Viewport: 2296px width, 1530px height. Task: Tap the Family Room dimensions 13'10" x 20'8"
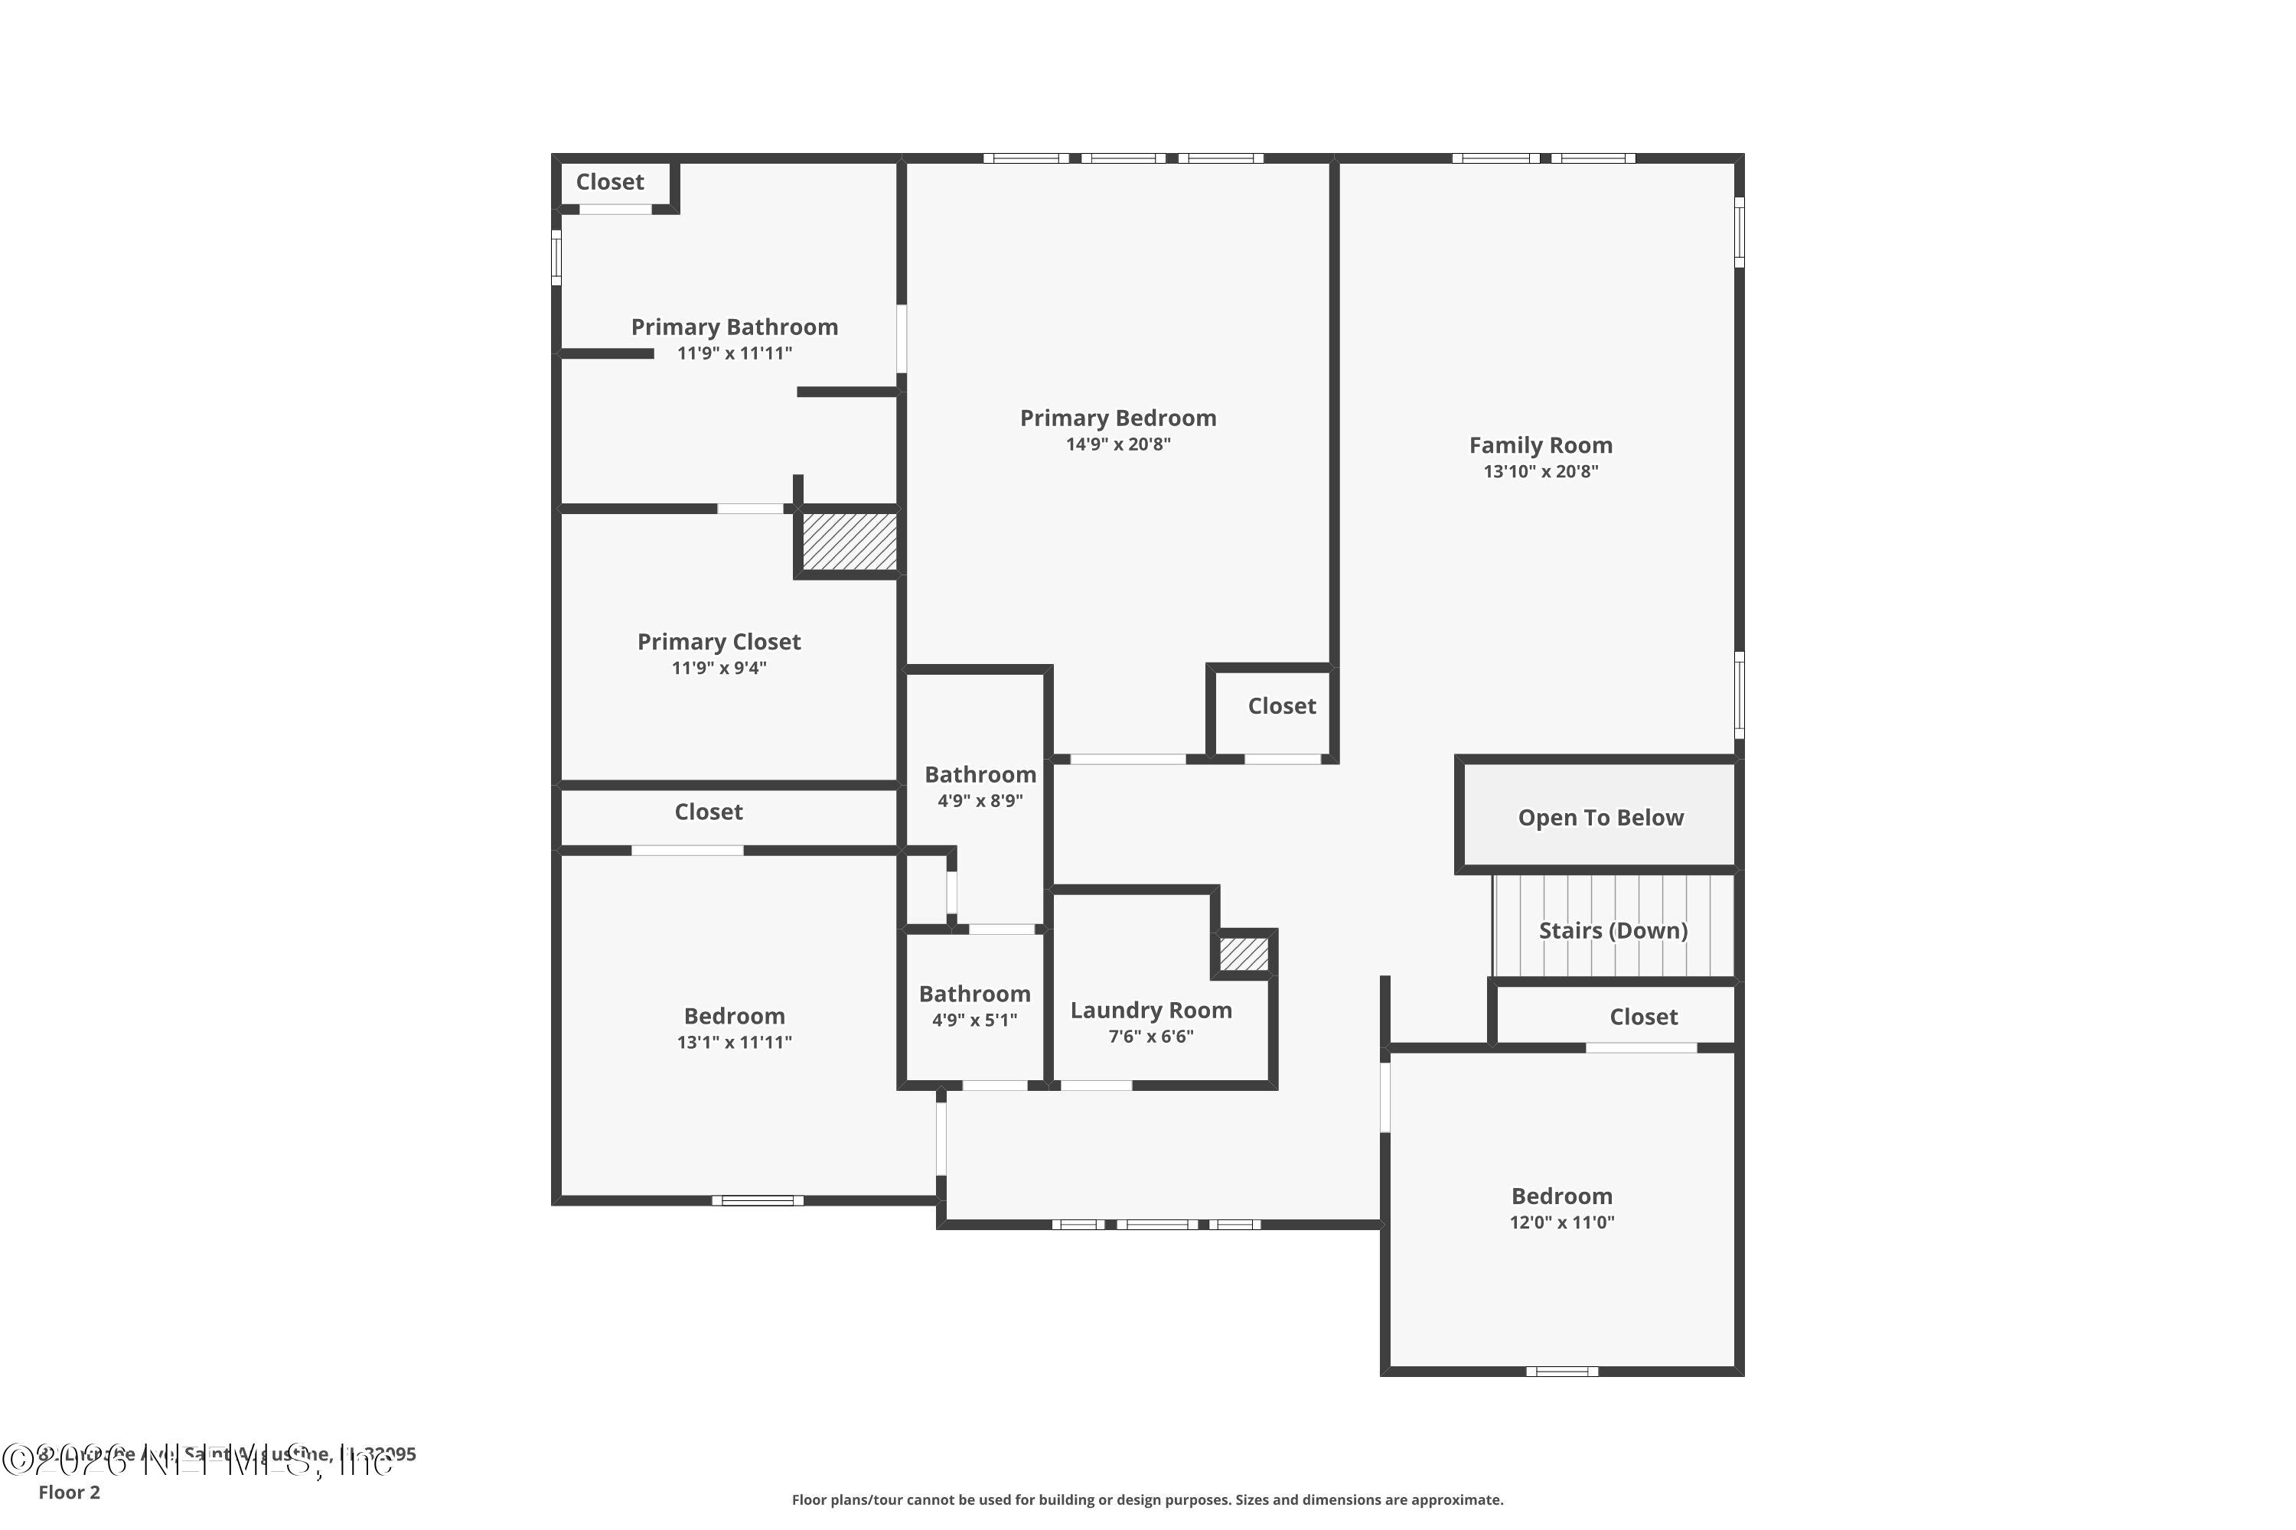pos(1541,471)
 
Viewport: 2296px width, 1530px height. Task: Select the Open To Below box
pos(1600,817)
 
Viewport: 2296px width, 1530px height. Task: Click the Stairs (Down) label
pos(1613,930)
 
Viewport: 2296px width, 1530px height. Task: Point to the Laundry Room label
pos(1151,1010)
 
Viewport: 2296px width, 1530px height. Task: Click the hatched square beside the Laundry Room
pos(1244,953)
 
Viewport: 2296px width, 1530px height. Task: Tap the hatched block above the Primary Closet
pos(848,542)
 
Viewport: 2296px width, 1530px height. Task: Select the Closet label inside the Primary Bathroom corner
pos(610,181)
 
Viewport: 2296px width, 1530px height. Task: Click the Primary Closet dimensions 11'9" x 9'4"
pos(719,669)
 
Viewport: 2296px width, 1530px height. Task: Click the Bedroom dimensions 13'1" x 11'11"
pos(734,1042)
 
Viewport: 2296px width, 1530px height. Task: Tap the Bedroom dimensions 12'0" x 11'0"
pos(1562,1222)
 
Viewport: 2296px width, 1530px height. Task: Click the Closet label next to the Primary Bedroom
pos(1282,705)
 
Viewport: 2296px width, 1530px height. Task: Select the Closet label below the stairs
pos(1643,1017)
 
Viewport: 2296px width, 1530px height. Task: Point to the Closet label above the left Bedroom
pos(709,812)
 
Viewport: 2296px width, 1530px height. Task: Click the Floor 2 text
pos(70,1492)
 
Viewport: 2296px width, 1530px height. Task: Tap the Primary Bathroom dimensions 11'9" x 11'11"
pos(734,353)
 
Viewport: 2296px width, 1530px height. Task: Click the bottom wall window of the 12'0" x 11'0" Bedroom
pos(1562,1371)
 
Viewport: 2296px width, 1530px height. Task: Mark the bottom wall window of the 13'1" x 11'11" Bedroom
pos(758,1200)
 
